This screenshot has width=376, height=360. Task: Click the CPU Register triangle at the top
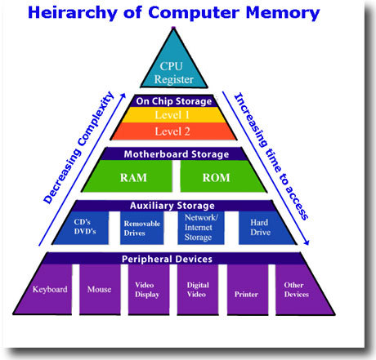tap(174, 68)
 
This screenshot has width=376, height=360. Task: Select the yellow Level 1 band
tap(173, 115)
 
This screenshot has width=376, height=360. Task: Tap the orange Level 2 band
tap(173, 131)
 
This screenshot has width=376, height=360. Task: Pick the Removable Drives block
tap(142, 228)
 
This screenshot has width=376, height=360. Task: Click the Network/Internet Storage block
tap(201, 228)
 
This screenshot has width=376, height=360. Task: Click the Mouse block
tap(100, 290)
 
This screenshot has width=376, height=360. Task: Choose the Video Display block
tap(149, 290)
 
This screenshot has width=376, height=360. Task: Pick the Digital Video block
tap(198, 290)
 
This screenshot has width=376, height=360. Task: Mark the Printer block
tap(248, 290)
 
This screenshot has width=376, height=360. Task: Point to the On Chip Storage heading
tap(174, 101)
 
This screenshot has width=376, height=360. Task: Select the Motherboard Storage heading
tap(177, 154)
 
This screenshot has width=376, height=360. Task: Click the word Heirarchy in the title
tap(73, 12)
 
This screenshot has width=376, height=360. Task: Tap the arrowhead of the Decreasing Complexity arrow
tap(123, 96)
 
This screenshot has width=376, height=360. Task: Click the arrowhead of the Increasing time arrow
tap(307, 242)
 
